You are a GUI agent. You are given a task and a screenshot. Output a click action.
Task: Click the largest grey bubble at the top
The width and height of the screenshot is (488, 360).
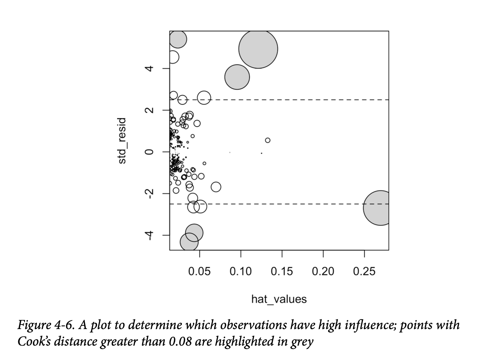pyautogui.click(x=258, y=49)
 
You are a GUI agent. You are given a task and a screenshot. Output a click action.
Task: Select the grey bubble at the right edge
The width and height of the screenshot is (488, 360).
pyautogui.click(x=378, y=208)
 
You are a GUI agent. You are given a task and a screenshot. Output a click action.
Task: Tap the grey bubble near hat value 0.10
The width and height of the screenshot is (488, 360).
pyautogui.click(x=237, y=77)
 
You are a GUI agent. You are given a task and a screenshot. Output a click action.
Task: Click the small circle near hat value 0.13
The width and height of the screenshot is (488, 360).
pyautogui.click(x=268, y=140)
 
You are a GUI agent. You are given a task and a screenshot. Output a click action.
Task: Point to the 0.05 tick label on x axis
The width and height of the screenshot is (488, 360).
pyautogui.click(x=199, y=272)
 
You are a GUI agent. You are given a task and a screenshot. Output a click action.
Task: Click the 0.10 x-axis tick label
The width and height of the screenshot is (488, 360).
pyautogui.click(x=240, y=272)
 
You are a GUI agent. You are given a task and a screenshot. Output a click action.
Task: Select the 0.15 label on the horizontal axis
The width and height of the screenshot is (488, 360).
pyautogui.click(x=282, y=272)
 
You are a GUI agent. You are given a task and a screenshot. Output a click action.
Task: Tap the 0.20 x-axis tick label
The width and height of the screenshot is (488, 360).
pyautogui.click(x=323, y=272)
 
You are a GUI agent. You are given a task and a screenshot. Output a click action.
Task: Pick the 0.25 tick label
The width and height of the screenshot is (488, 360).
pyautogui.click(x=364, y=272)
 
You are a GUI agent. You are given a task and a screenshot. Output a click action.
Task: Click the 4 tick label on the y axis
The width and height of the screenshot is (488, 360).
pyautogui.click(x=150, y=68)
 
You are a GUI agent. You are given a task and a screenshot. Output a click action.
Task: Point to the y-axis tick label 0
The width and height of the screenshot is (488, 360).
pyautogui.click(x=150, y=152)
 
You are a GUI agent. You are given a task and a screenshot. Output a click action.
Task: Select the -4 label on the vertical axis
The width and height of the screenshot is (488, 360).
pyautogui.click(x=150, y=235)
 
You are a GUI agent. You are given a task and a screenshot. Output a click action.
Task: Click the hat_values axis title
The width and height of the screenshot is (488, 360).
pyautogui.click(x=279, y=299)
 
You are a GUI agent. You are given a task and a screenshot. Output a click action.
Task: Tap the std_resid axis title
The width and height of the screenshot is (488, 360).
pyautogui.click(x=122, y=141)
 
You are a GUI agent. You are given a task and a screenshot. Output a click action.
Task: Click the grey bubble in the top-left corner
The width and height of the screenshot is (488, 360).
pyautogui.click(x=178, y=39)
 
